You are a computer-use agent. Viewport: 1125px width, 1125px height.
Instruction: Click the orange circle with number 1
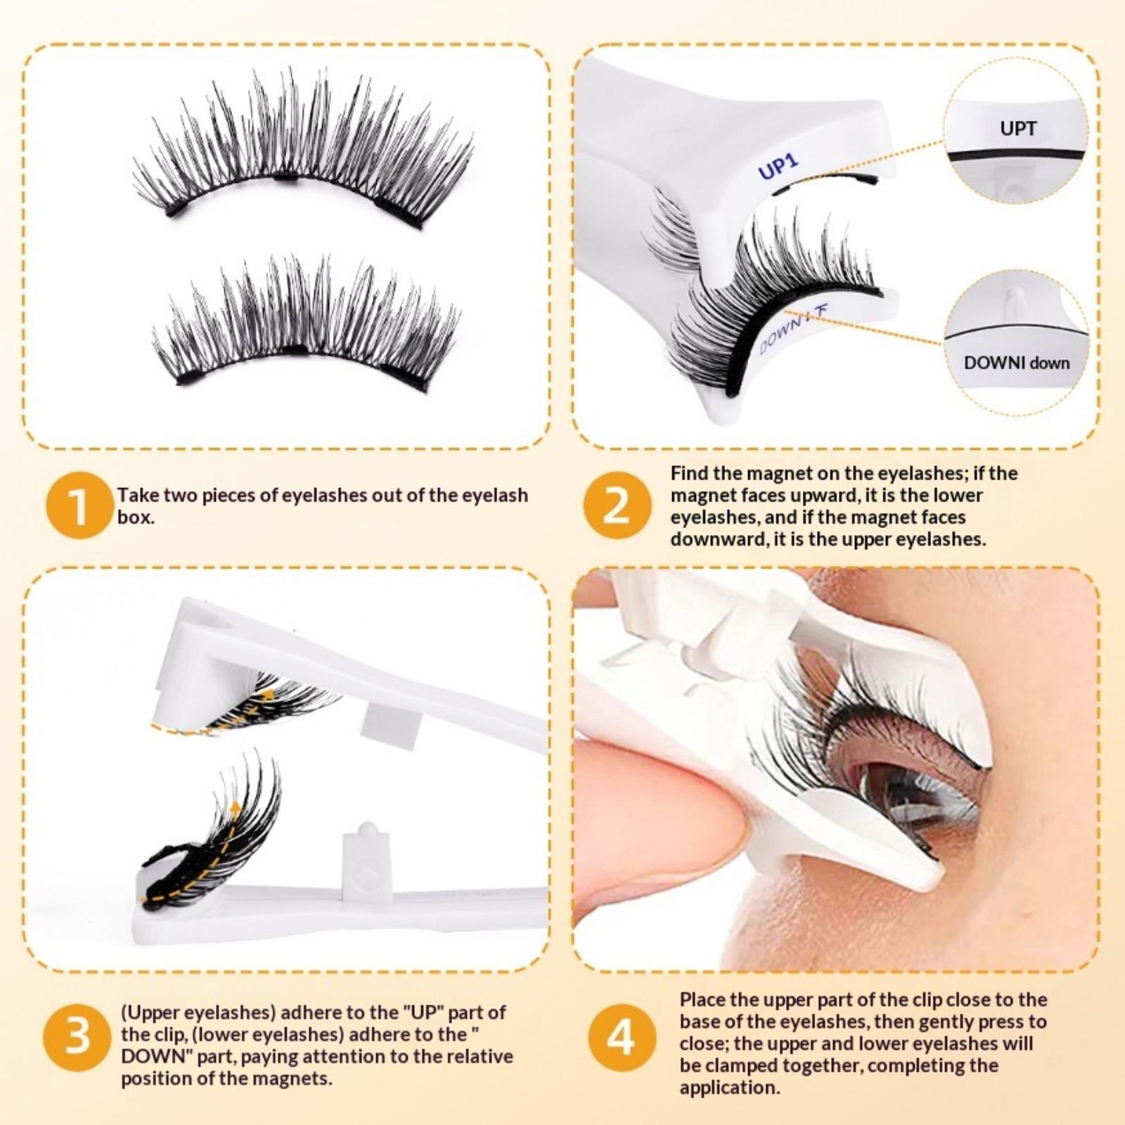click(x=79, y=505)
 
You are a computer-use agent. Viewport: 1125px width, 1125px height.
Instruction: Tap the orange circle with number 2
click(x=617, y=505)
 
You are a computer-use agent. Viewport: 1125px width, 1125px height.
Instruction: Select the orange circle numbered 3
click(x=77, y=1036)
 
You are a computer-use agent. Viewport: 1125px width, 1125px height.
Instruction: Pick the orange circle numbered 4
click(x=619, y=1036)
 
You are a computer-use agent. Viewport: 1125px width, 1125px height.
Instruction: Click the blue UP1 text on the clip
click(x=778, y=167)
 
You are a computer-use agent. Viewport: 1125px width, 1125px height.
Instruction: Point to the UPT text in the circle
click(x=1017, y=128)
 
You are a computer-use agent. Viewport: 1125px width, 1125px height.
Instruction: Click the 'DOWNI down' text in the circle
click(x=1017, y=363)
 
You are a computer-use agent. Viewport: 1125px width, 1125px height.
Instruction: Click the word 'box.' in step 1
click(x=136, y=517)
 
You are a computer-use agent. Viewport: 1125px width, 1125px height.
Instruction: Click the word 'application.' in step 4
click(x=730, y=1088)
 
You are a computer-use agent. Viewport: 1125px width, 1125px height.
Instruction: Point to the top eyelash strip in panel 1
click(x=302, y=151)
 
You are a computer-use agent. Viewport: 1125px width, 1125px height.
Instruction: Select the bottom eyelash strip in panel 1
click(x=307, y=323)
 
